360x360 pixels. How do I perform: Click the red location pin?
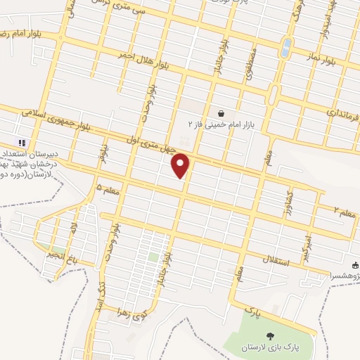[181, 165]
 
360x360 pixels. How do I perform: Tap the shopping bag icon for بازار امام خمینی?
[221, 112]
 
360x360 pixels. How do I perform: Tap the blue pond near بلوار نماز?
[286, 47]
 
